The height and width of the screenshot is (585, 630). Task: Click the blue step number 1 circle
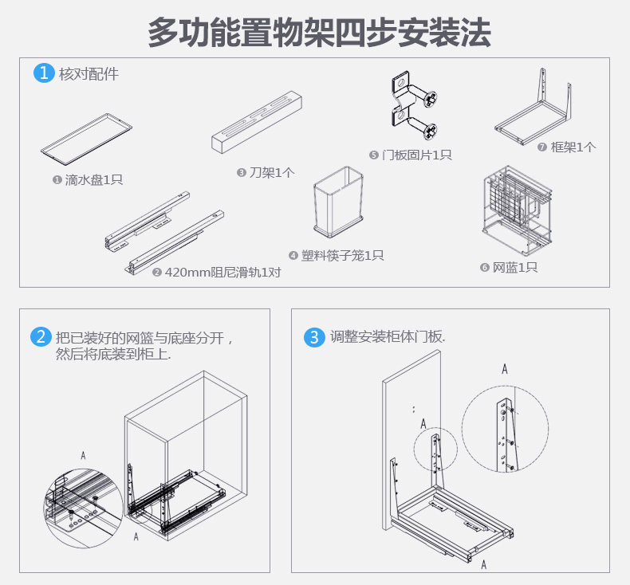(x=43, y=73)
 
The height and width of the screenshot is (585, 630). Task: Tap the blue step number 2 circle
(x=41, y=337)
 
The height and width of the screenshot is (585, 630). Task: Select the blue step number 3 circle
(x=315, y=337)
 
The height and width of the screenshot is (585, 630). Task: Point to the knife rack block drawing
(x=258, y=120)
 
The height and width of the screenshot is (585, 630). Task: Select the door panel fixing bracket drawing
(x=412, y=107)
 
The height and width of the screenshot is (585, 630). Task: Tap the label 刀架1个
(x=266, y=172)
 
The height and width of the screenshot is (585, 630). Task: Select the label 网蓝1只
(x=509, y=268)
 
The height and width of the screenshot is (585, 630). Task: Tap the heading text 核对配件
(x=89, y=74)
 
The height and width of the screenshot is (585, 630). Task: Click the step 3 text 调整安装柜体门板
(x=388, y=337)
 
